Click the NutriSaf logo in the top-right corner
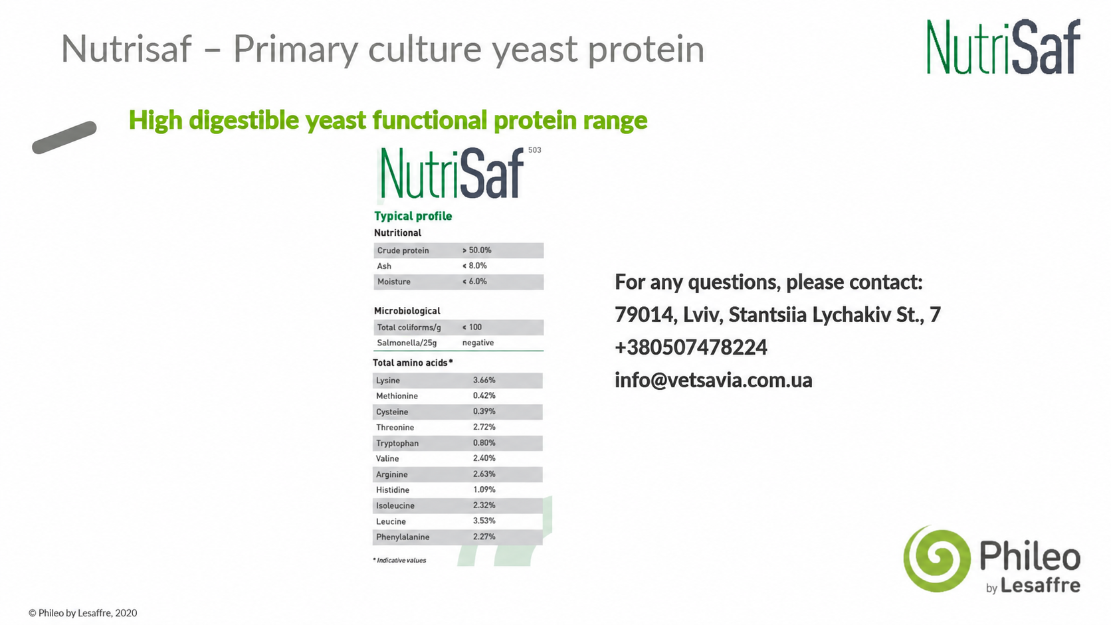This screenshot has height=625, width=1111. click(x=1003, y=46)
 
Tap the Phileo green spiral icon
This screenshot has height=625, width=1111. click(x=936, y=559)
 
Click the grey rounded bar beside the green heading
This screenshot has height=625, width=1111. click(x=64, y=137)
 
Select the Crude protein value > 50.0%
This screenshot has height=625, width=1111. click(x=476, y=250)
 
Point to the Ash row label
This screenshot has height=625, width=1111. click(x=384, y=266)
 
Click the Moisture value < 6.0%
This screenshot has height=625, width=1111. click(x=474, y=282)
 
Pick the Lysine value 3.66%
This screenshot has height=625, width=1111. click(x=484, y=380)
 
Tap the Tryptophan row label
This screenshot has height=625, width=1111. click(x=397, y=443)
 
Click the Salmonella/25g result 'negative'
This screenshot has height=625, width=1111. click(x=478, y=343)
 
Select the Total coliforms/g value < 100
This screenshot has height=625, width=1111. click(x=472, y=327)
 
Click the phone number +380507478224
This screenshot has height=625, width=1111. click(x=691, y=347)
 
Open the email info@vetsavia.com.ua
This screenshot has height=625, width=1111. click(x=714, y=380)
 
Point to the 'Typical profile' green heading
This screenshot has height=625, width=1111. click(x=413, y=216)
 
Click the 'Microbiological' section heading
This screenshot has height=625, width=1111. click(x=407, y=311)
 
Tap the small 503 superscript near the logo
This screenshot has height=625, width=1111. click(x=535, y=150)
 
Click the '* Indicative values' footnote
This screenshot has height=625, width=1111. click(x=399, y=561)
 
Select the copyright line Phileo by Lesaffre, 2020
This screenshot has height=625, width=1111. click(x=83, y=613)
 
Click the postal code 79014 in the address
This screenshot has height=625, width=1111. click(x=643, y=315)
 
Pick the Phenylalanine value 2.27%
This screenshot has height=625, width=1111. click(x=484, y=537)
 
